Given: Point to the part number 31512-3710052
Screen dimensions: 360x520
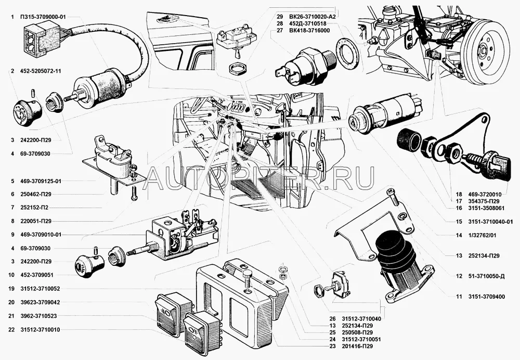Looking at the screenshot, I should (x=41, y=288).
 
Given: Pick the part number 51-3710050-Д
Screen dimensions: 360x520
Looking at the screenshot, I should (x=487, y=276).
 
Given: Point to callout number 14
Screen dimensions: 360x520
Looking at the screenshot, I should (x=459, y=235).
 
